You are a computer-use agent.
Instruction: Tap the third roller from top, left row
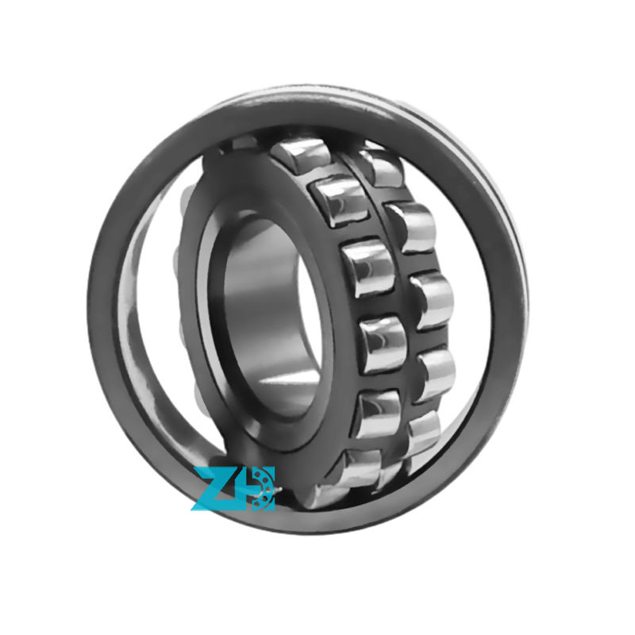(368, 267)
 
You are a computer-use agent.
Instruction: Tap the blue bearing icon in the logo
(257, 487)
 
